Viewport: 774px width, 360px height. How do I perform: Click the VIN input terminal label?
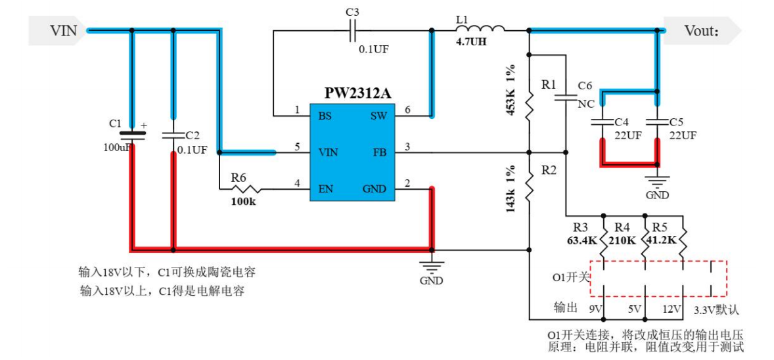[64, 31]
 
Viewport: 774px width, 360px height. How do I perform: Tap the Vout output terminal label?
[702, 31]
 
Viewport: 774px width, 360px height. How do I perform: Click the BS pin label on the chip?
[325, 116]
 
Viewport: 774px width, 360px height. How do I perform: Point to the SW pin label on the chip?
[378, 116]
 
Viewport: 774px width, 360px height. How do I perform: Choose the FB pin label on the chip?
[379, 152]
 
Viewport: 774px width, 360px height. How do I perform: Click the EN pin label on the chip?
[325, 189]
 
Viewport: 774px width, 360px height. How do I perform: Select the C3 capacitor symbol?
[353, 29]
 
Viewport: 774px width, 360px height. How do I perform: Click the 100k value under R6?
[243, 202]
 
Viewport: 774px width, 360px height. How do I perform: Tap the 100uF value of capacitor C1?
[116, 147]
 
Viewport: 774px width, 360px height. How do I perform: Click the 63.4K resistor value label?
[582, 240]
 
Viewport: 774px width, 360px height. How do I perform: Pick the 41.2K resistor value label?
[660, 240]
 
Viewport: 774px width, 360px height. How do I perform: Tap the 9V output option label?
[597, 309]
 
